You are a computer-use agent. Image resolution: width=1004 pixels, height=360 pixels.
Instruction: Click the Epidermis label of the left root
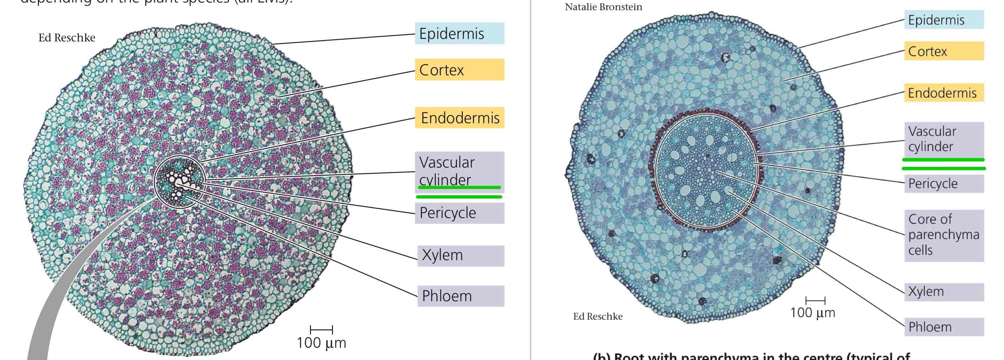[459, 34]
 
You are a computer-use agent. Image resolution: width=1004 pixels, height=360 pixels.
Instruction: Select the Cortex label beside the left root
[459, 70]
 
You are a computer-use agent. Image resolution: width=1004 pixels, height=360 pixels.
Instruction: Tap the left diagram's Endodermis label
[459, 118]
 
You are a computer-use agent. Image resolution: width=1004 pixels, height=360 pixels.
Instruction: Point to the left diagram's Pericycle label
[459, 213]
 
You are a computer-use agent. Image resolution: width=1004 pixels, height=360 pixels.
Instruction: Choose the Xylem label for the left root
[460, 255]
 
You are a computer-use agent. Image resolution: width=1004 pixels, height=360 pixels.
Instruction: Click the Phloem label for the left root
[460, 296]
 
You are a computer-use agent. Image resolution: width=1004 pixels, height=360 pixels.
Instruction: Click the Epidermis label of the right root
[943, 20]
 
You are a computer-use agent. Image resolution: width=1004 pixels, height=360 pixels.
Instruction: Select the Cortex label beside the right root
[943, 51]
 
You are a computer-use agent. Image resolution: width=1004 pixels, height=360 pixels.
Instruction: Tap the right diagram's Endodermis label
[943, 93]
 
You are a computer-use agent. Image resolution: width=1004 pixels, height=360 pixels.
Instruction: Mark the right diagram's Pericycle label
[943, 183]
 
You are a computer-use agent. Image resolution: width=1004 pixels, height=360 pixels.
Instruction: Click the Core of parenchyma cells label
[943, 235]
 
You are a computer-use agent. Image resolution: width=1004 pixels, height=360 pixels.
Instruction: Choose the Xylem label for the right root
[943, 292]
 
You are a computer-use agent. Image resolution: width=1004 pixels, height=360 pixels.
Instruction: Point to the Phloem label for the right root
[943, 327]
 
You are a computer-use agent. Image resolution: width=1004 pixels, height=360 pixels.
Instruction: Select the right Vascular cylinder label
[943, 139]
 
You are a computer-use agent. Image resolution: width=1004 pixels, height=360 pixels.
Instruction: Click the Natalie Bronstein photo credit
[603, 7]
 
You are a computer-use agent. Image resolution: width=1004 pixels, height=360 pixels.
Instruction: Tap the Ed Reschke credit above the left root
[67, 38]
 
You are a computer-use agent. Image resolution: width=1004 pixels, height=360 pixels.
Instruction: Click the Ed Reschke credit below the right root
[597, 316]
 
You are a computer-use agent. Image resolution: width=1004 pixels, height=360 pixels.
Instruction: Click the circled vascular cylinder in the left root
[180, 182]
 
